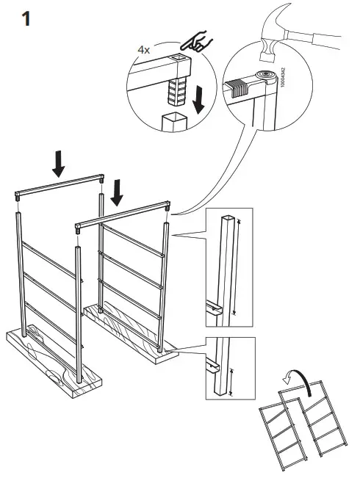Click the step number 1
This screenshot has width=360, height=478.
pyautogui.click(x=26, y=18)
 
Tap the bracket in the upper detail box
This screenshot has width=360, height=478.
pyautogui.click(x=215, y=306)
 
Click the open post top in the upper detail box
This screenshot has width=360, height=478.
pyautogui.click(x=229, y=218)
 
